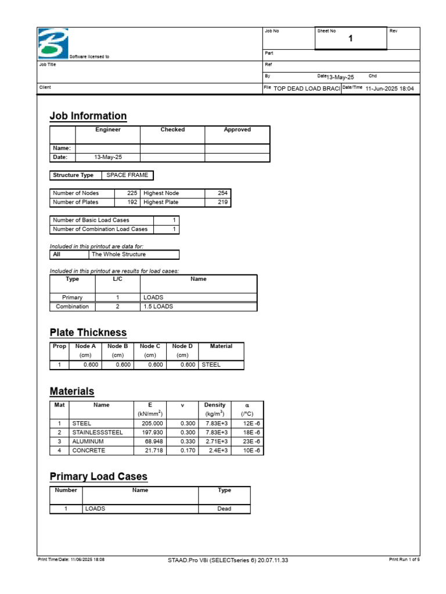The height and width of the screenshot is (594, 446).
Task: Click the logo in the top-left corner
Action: [x=53, y=43]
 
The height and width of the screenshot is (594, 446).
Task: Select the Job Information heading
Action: [x=88, y=116]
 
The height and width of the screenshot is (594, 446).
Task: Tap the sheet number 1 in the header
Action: [x=351, y=39]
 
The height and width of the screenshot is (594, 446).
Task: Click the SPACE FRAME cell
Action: [x=127, y=175]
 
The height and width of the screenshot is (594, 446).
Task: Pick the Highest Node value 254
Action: [x=222, y=193]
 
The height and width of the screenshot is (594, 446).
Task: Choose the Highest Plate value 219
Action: [x=222, y=202]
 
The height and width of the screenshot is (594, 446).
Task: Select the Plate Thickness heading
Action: [x=88, y=333]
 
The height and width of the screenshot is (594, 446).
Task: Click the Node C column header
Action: [x=150, y=346]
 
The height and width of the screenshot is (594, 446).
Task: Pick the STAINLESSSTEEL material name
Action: [x=98, y=433]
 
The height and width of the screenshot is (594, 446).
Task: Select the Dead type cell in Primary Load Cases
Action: [x=224, y=509]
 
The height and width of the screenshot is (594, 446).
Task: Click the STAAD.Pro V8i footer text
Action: [x=227, y=560]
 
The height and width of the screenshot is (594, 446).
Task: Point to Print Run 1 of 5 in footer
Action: [x=404, y=560]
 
